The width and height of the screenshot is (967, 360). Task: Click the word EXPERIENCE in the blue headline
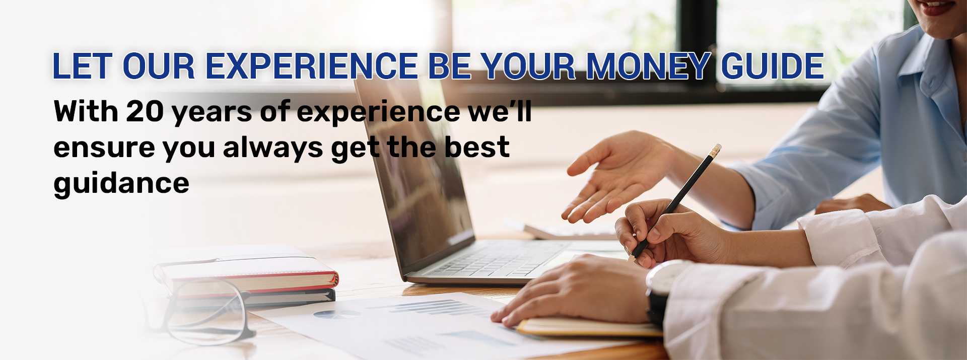tap(312, 66)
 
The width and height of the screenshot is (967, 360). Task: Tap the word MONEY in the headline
tap(649, 66)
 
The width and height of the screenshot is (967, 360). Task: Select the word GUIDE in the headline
tap(773, 66)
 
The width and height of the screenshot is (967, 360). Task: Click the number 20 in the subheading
tap(145, 111)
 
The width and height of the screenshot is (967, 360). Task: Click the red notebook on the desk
tap(247, 276)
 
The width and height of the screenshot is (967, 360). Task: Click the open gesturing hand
tap(619, 176)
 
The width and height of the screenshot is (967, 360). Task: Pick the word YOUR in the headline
tap(528, 66)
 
